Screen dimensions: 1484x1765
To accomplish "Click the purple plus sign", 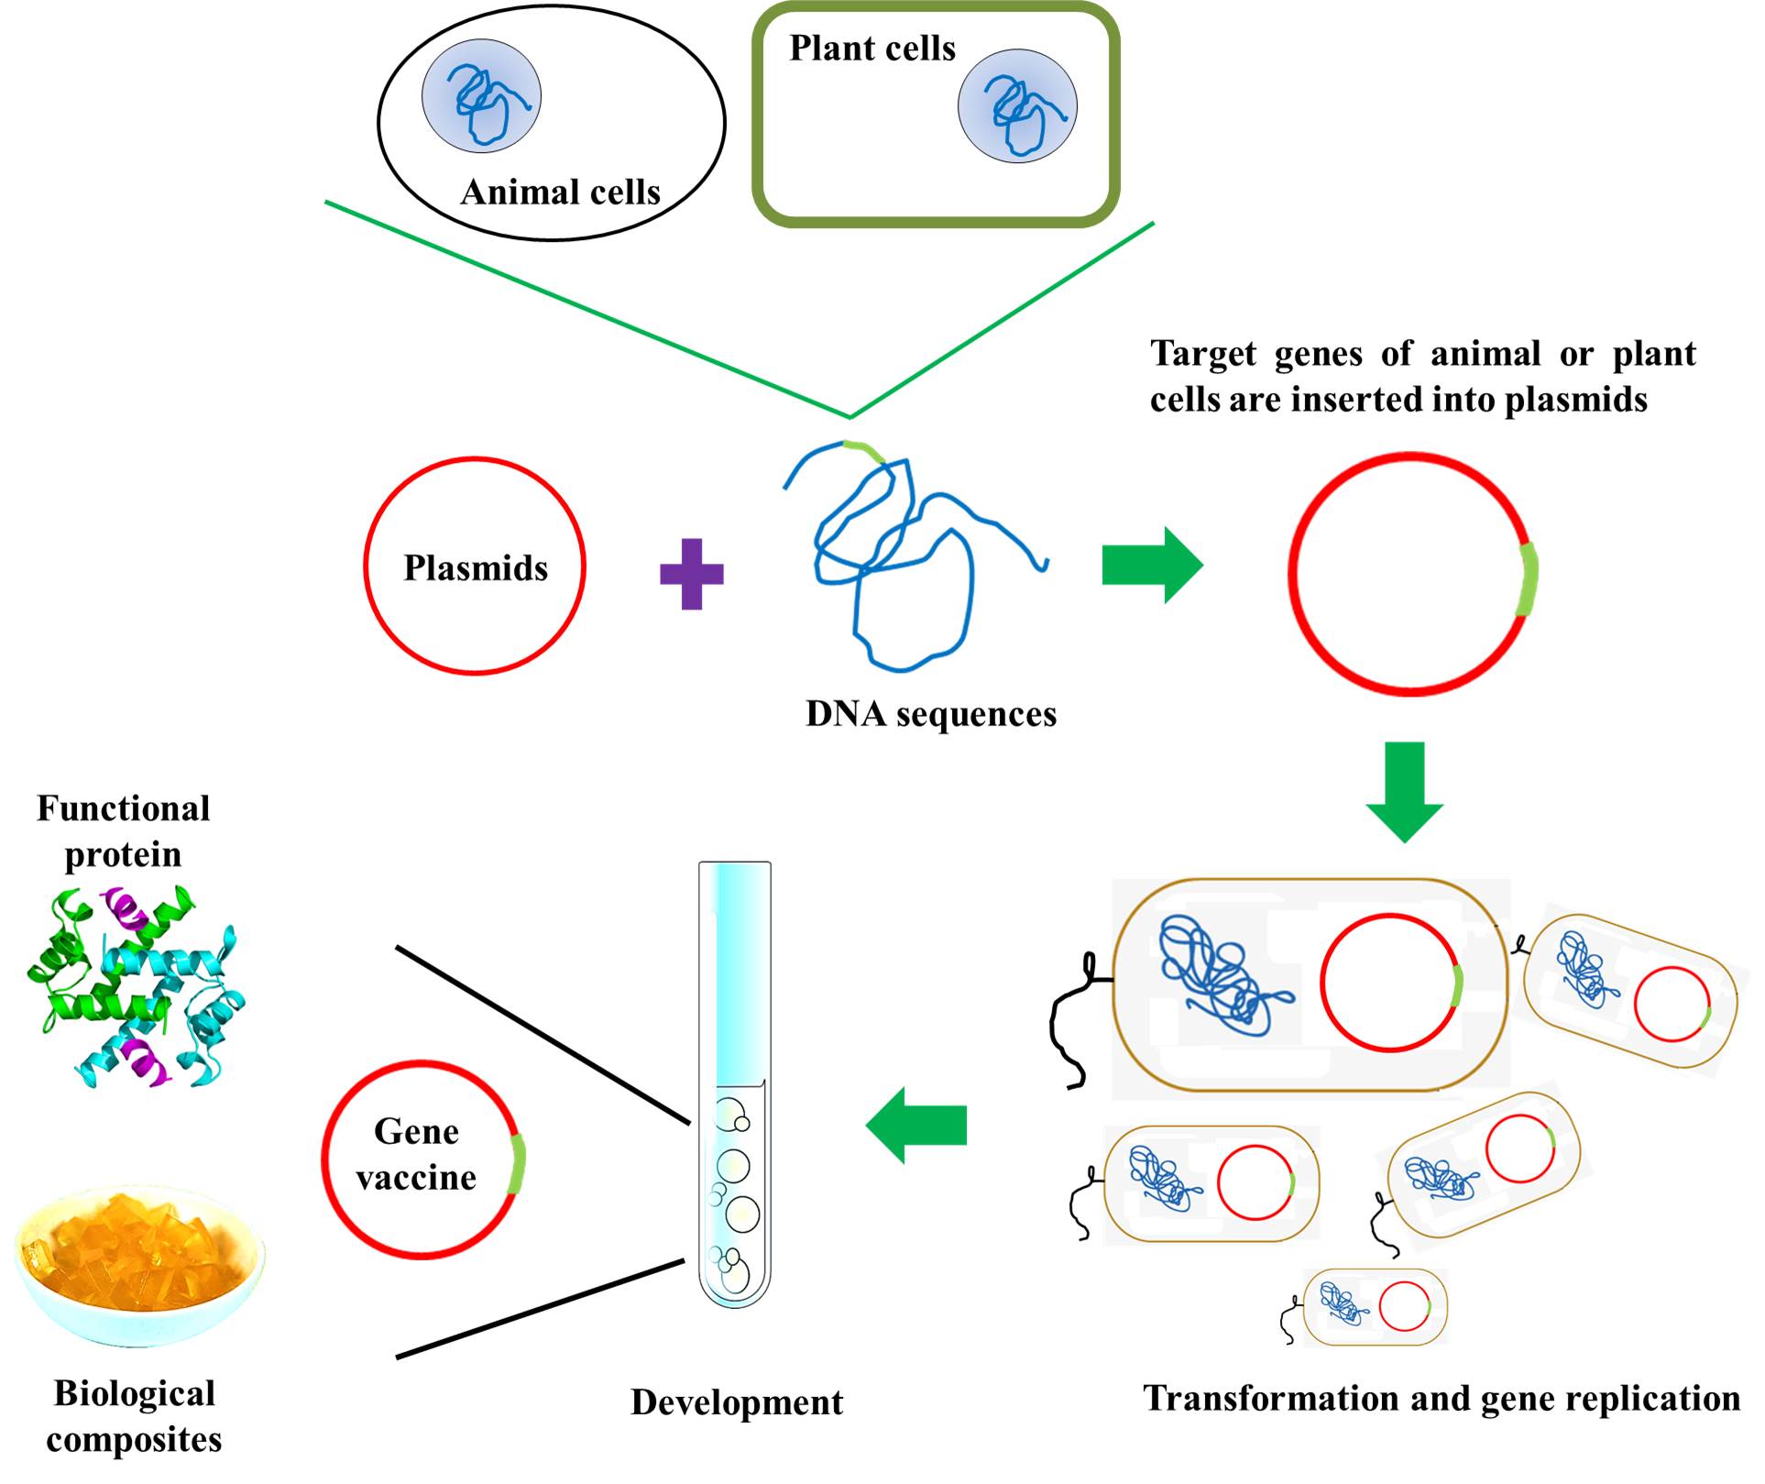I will pos(692,574).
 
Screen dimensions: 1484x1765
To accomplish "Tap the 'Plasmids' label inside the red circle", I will pos(476,568).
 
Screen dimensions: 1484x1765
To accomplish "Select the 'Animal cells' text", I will pos(561,192).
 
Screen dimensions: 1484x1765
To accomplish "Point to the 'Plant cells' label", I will pos(872,49).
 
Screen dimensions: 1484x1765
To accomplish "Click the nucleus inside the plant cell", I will pos(1017,106).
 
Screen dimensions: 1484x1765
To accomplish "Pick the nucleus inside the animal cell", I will pos(481,95).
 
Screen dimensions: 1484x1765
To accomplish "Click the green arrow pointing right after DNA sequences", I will pos(1151,565).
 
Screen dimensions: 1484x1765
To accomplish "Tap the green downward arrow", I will pos(1404,791).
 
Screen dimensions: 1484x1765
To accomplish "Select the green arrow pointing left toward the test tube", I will pos(916,1125).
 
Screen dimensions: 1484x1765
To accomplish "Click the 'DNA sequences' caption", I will pos(931,714).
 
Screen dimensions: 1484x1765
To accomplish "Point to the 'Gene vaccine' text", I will pos(417,1154).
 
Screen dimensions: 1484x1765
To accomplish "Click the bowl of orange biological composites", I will pos(139,1265).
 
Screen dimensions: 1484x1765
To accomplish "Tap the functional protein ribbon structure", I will pos(136,985).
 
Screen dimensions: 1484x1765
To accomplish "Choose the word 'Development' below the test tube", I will pos(737,1402).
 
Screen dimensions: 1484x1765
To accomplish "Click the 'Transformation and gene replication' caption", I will pos(1442,1399).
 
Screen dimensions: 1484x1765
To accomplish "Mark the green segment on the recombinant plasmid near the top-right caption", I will pos(1527,579).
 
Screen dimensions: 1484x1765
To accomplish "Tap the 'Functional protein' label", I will pos(124,831).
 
